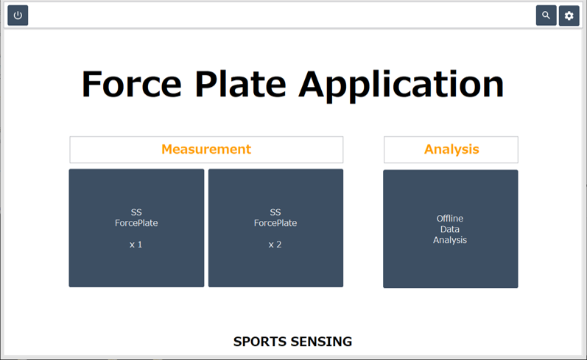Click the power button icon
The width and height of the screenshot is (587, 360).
[18, 15]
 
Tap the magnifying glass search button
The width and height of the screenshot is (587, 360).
[546, 15]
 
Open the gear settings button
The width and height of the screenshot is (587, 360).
[569, 15]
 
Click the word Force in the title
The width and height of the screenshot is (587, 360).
[132, 84]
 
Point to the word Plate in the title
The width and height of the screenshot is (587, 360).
[241, 84]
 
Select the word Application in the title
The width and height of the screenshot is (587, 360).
[401, 86]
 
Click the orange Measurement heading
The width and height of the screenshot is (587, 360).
[206, 149]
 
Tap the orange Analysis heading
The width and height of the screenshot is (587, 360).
[451, 149]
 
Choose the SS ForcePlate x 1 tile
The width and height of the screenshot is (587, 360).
[137, 228]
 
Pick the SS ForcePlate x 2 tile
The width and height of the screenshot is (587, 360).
[276, 228]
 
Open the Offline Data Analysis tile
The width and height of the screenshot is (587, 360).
[451, 229]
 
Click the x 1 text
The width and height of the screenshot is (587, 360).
[136, 244]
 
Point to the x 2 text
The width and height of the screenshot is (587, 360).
[275, 244]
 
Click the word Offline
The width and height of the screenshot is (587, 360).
[450, 218]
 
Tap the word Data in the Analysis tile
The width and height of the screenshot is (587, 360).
[450, 229]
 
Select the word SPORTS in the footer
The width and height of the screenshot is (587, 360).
[260, 342]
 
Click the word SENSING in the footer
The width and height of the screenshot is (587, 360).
[322, 342]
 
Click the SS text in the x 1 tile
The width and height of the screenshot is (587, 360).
[136, 213]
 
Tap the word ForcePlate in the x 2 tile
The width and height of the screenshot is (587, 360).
[275, 223]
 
